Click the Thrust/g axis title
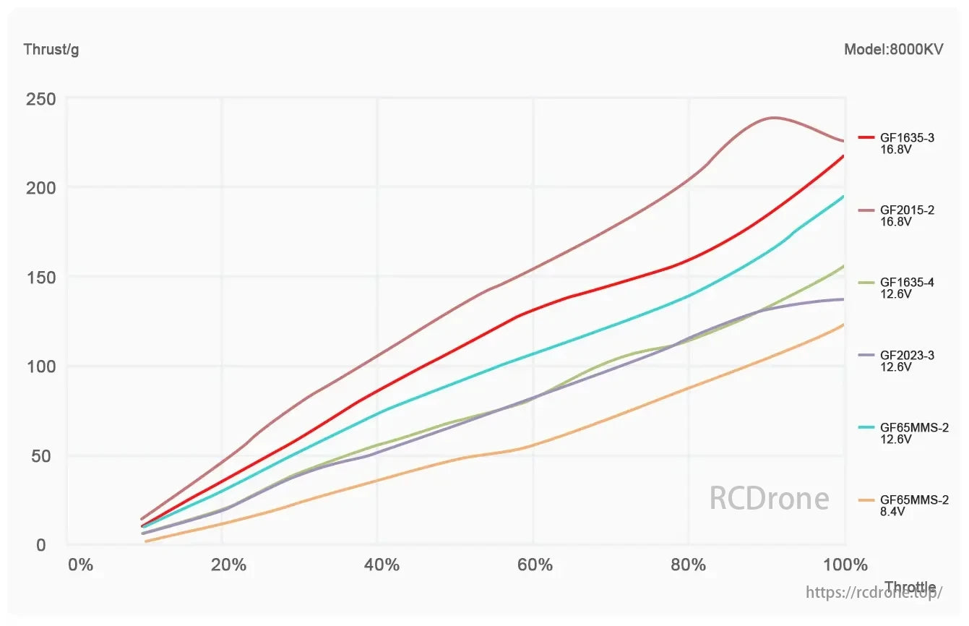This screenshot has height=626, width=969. [51, 49]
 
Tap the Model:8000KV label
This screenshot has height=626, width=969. [893, 49]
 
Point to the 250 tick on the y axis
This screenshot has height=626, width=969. [40, 98]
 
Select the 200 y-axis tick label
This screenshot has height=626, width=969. [40, 188]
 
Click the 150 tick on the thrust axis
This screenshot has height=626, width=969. [40, 278]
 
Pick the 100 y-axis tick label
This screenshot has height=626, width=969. [40, 366]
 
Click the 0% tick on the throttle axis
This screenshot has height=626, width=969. [80, 565]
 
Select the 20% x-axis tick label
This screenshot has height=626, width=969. [229, 565]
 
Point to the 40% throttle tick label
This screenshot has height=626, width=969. [382, 565]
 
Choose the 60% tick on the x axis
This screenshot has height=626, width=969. [535, 565]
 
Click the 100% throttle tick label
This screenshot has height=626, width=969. [844, 565]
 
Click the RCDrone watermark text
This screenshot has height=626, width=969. [769, 498]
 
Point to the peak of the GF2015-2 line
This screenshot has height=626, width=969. [774, 117]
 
